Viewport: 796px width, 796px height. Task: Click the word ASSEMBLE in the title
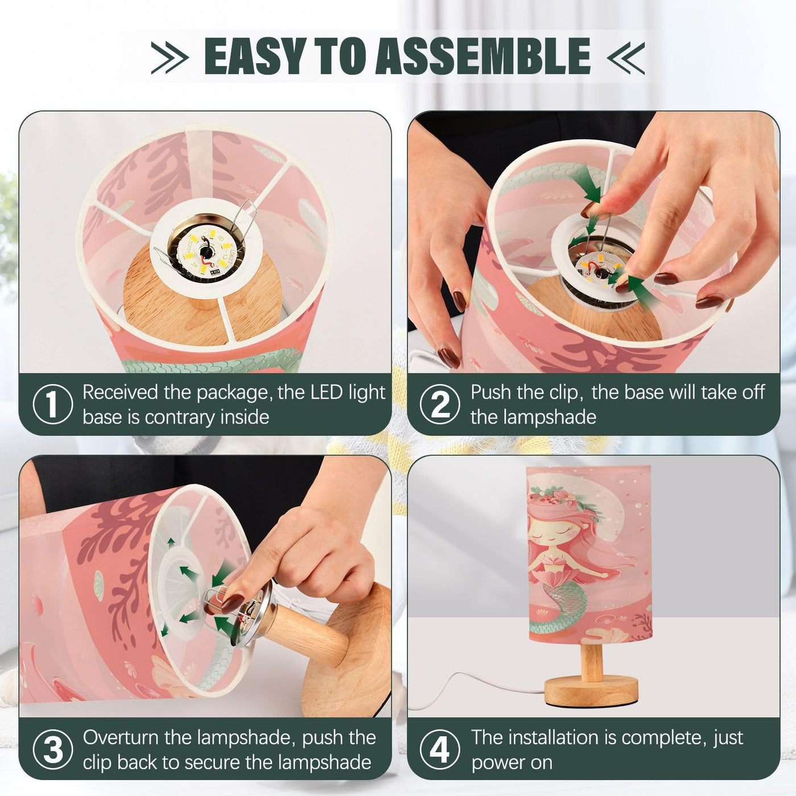click(483, 56)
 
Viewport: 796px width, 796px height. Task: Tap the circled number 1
click(52, 404)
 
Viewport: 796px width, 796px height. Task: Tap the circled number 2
click(440, 404)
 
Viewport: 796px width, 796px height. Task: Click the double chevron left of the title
click(169, 58)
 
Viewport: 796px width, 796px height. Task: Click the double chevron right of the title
click(625, 58)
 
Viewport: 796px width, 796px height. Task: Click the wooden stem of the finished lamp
click(591, 660)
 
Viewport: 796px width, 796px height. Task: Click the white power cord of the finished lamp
click(475, 686)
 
